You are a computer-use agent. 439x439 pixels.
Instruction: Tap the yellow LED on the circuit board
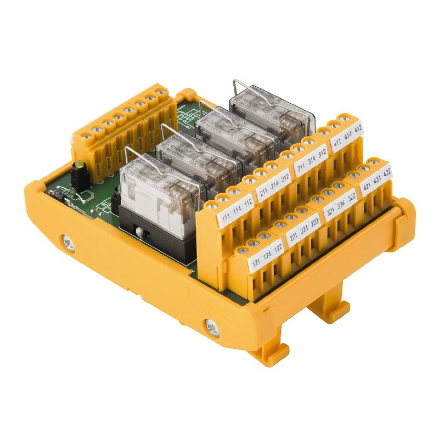point(81,165)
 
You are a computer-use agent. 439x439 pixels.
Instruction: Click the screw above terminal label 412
point(346,117)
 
